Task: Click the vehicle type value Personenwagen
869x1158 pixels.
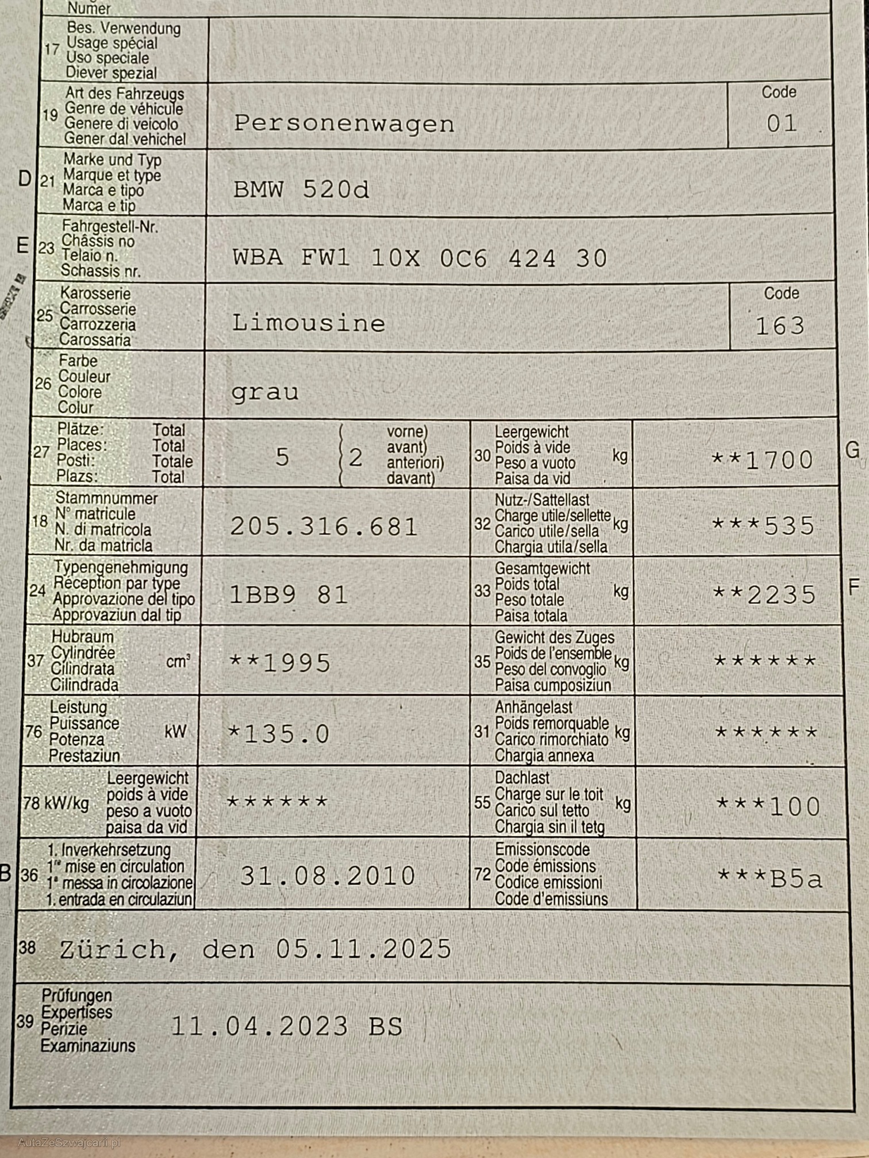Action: coord(344,124)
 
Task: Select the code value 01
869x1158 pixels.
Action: coord(782,123)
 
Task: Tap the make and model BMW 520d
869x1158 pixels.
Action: coord(301,190)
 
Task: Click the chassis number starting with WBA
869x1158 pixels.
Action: coord(420,258)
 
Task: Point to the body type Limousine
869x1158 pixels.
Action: coord(308,323)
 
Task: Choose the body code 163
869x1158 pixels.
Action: coord(780,326)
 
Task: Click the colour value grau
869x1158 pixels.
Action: coord(265,392)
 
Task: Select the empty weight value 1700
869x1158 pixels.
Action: coord(778,460)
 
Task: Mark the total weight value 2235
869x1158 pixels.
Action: coord(781,595)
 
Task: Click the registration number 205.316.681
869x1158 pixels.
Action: coord(324,527)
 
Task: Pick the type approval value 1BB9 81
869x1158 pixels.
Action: coord(289,595)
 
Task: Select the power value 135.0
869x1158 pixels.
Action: coord(286,734)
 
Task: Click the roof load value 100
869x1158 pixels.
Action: coord(794,807)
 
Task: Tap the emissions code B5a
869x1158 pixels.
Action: coord(795,879)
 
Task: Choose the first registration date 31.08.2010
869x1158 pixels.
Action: coord(328,876)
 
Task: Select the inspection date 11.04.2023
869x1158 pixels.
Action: coord(259,1026)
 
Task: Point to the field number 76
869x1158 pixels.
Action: coord(33,732)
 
